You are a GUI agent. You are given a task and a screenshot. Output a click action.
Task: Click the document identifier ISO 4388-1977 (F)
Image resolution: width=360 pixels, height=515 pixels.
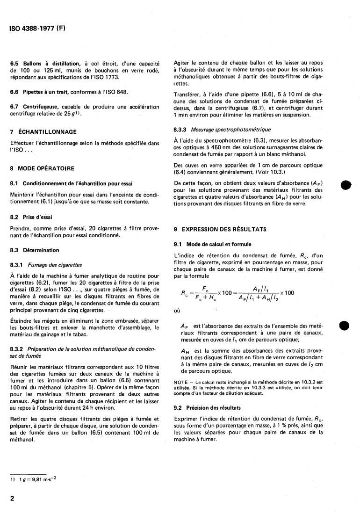(37, 28)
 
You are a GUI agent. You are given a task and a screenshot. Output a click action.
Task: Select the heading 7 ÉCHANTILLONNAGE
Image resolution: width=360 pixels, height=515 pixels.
(43, 132)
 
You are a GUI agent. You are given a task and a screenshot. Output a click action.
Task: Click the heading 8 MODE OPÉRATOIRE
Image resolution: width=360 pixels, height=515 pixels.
(43, 168)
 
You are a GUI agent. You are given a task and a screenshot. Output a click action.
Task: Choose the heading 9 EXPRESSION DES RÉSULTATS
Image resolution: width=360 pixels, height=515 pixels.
(220, 229)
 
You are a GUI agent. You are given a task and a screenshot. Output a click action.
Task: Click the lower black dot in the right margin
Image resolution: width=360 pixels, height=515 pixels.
(345, 326)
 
